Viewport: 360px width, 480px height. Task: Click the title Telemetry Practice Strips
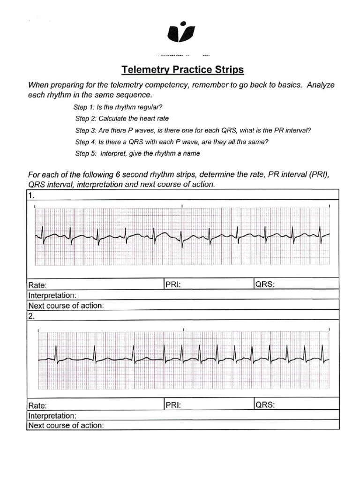[183, 70]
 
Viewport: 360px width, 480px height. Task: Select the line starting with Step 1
[118, 106]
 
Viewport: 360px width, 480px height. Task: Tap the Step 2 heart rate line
[122, 118]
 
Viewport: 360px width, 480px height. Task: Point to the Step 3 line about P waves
[193, 130]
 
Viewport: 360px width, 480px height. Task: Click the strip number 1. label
[31, 195]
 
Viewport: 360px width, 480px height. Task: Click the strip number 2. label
[31, 316]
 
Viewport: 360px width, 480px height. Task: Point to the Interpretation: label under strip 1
[52, 295]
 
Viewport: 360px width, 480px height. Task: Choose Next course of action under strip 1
[66, 306]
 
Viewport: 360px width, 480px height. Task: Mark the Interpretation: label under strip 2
[52, 416]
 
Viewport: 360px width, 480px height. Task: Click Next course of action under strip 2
[66, 426]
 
